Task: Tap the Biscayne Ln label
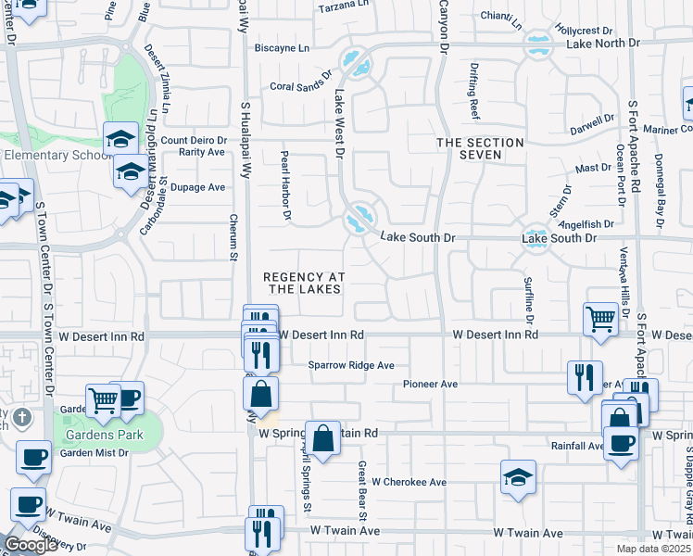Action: (282, 48)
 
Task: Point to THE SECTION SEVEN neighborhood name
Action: (480, 148)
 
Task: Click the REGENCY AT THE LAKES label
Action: (304, 283)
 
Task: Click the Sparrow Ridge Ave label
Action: (351, 365)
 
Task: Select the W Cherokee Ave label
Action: (409, 482)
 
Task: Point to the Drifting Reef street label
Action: (473, 92)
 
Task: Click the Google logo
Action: (31, 544)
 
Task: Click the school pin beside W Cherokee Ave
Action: (518, 476)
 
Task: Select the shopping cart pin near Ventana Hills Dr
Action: (600, 320)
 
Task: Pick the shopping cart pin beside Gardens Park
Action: (103, 400)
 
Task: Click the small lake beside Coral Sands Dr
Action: (357, 65)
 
